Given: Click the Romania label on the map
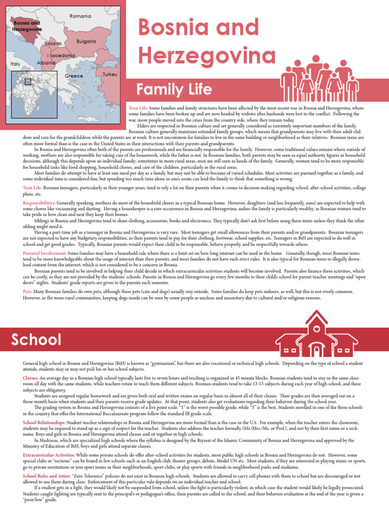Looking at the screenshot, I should [80, 17].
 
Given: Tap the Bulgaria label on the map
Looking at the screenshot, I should [86, 41].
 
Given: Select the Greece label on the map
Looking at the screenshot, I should [73, 76].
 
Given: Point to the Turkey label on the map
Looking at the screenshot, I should [110, 75].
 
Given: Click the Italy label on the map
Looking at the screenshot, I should [15, 64].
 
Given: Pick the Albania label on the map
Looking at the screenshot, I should [46, 63].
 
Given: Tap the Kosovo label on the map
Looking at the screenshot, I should [53, 44].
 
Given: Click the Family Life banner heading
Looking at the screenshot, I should [174, 90].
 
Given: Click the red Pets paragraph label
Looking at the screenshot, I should [28, 292].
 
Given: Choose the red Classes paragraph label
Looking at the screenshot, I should [30, 379].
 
